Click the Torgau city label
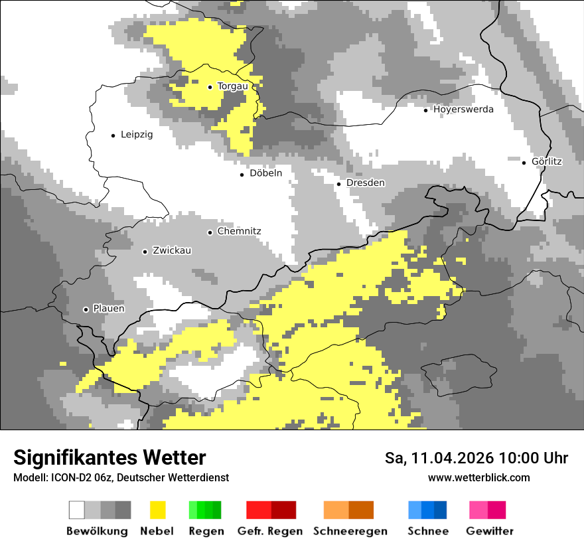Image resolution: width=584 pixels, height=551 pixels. point(232,86)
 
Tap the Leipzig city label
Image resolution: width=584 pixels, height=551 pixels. point(137,135)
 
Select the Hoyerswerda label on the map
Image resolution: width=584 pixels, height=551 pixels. point(463,110)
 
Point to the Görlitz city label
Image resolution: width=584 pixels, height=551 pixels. point(547,161)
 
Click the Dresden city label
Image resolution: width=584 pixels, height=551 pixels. point(366,183)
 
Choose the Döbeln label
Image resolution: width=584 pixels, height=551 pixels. point(265,174)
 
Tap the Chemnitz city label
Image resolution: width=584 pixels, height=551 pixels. point(239,232)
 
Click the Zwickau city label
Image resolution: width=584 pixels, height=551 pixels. point(172,251)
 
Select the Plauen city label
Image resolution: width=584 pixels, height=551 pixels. point(109,309)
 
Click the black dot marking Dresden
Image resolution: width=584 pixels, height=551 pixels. point(338,184)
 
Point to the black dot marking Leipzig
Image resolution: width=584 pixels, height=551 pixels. point(113,135)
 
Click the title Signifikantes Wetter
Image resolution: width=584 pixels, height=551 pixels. point(110,458)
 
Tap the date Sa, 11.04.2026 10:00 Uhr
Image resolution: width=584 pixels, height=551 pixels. point(476,459)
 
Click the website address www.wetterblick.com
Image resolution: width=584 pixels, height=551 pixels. point(478,478)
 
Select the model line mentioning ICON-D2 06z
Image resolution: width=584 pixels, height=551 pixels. point(121,478)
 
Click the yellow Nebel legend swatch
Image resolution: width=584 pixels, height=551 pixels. point(157,510)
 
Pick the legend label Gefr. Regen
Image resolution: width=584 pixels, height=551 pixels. point(270,531)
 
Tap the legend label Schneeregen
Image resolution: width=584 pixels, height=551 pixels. point(350,531)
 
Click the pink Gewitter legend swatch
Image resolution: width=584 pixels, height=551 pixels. point(478,510)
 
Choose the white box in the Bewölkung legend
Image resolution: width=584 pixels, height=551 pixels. point(77,510)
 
